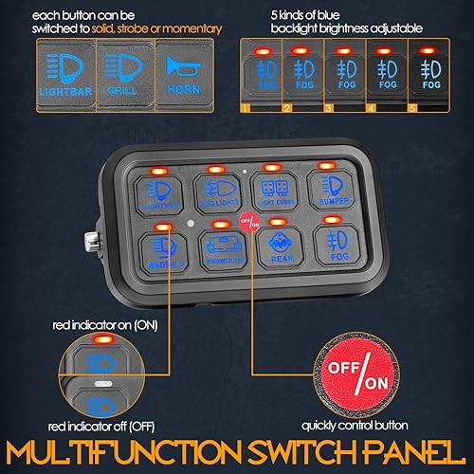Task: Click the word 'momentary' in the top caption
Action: coord(195,29)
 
